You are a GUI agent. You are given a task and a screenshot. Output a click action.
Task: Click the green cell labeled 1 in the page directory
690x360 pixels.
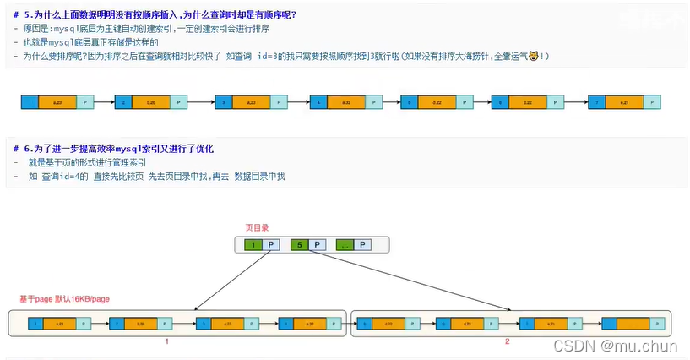(x=253, y=245)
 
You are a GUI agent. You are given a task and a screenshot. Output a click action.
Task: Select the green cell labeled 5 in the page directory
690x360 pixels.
(x=298, y=245)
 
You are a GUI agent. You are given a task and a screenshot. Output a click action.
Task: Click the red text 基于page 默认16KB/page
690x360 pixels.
(x=65, y=299)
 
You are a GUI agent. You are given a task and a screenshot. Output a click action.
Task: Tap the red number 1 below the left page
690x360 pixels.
(x=167, y=341)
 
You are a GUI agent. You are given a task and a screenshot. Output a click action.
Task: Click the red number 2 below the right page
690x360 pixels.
(x=507, y=341)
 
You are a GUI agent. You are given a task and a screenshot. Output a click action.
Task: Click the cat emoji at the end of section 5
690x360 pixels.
(x=533, y=56)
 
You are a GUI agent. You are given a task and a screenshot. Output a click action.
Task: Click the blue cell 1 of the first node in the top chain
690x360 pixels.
(x=30, y=102)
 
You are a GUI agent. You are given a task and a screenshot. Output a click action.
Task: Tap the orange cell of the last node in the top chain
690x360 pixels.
(x=624, y=102)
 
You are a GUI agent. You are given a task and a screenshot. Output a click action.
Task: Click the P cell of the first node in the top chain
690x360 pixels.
(x=84, y=102)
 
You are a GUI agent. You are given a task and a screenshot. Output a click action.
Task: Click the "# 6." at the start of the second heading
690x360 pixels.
(x=21, y=149)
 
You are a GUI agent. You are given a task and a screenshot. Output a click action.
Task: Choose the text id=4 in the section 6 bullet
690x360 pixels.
(x=63, y=176)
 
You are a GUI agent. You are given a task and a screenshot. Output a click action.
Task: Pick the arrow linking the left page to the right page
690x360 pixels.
(x=350, y=323)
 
